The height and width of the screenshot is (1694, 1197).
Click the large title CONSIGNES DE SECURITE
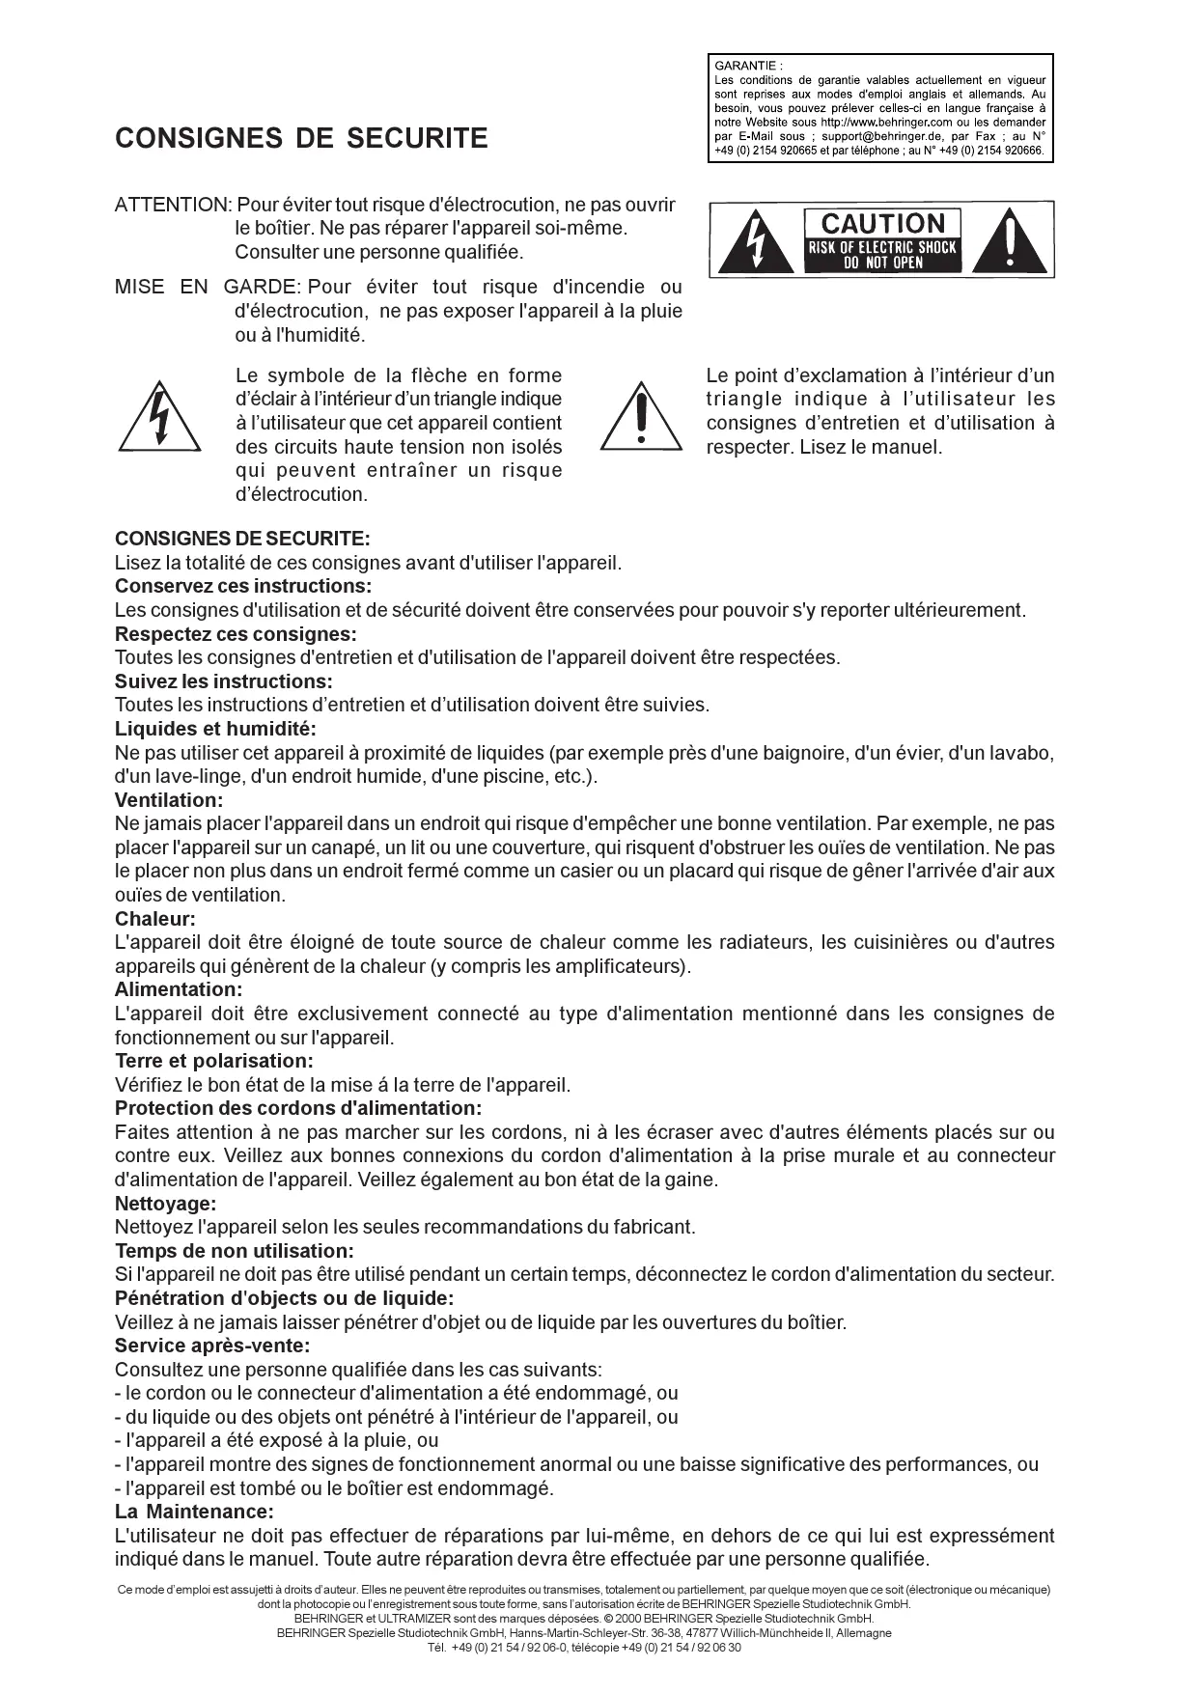pyautogui.click(x=301, y=139)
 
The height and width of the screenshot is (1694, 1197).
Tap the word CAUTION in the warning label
pyautogui.click(x=882, y=224)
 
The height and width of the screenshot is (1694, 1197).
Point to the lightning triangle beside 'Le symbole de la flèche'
pyautogui.click(x=160, y=419)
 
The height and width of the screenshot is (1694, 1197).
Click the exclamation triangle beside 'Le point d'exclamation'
pyautogui.click(x=641, y=419)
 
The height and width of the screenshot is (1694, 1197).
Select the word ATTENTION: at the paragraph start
pyautogui.click(x=173, y=205)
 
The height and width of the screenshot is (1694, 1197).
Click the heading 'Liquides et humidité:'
pyautogui.click(x=215, y=729)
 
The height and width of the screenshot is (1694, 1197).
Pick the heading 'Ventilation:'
pyautogui.click(x=169, y=800)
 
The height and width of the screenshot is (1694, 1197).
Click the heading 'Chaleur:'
pyautogui.click(x=155, y=919)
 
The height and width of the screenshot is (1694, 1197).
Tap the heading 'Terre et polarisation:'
pyautogui.click(x=214, y=1061)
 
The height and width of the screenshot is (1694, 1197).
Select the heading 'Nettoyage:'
pyautogui.click(x=165, y=1204)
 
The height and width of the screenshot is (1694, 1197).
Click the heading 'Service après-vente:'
pyautogui.click(x=212, y=1346)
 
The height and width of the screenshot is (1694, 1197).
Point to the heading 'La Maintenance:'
pyautogui.click(x=194, y=1512)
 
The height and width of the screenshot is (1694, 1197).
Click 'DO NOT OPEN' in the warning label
pyautogui.click(x=882, y=263)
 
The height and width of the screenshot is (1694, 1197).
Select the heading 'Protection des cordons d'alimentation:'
pyautogui.click(x=297, y=1108)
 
